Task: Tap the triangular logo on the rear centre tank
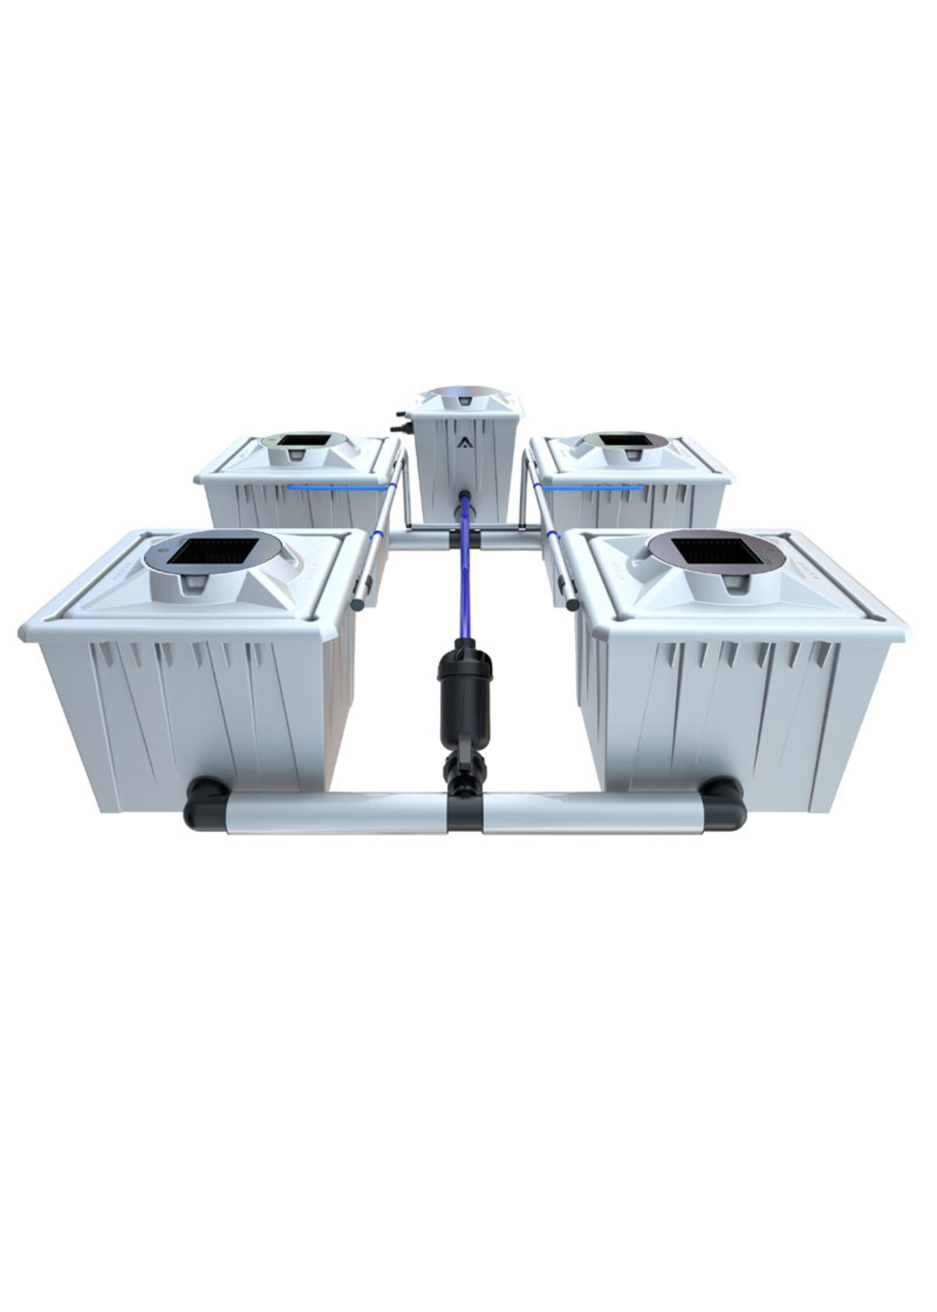click(x=463, y=443)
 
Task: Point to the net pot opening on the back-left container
click(x=303, y=440)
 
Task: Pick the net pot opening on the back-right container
click(x=624, y=440)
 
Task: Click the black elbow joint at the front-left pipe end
click(x=202, y=804)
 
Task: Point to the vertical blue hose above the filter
click(x=465, y=583)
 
